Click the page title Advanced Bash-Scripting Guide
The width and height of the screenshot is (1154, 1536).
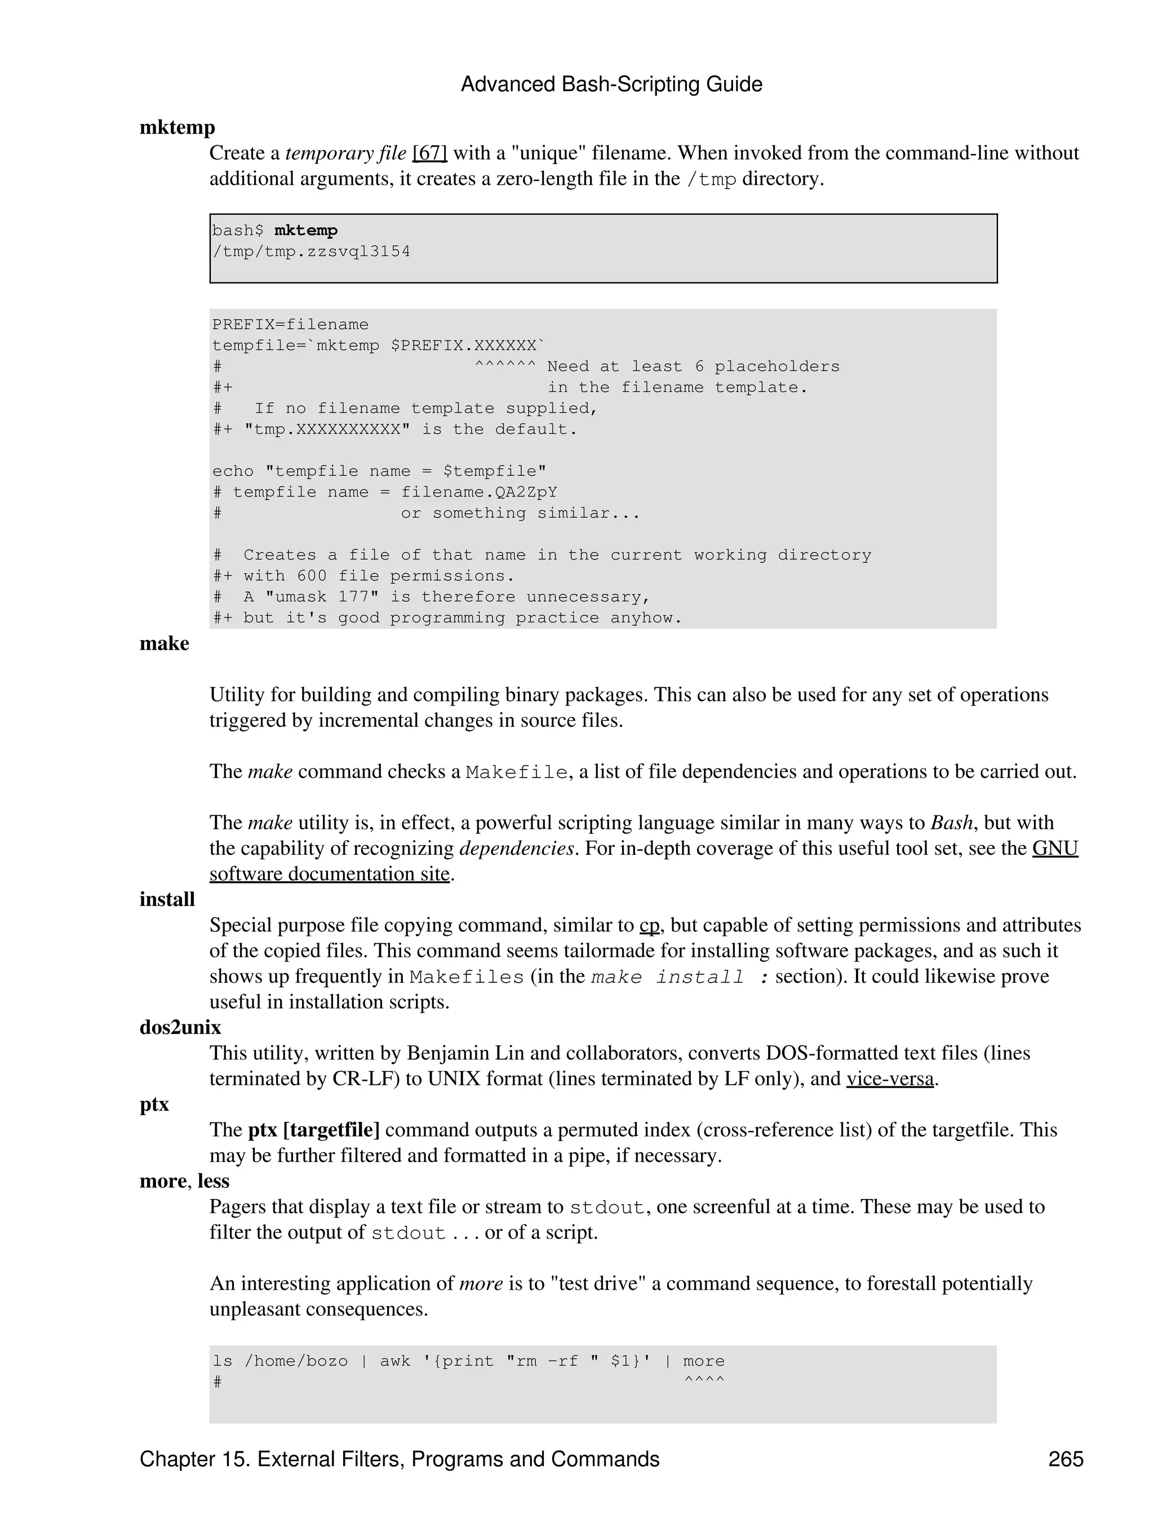[611, 85]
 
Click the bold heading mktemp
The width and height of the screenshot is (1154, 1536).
[177, 128]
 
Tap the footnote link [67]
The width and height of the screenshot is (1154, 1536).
[430, 153]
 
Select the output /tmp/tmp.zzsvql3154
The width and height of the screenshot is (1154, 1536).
[311, 252]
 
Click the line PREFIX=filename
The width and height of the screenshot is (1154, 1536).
[290, 325]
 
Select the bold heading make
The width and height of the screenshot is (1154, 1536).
[164, 643]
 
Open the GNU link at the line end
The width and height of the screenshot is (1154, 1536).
[1055, 849]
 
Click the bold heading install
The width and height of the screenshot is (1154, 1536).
[167, 900]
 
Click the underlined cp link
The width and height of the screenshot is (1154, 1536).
[649, 926]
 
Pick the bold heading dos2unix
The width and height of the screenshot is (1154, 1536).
[180, 1028]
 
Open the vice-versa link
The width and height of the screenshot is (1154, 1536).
[890, 1079]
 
